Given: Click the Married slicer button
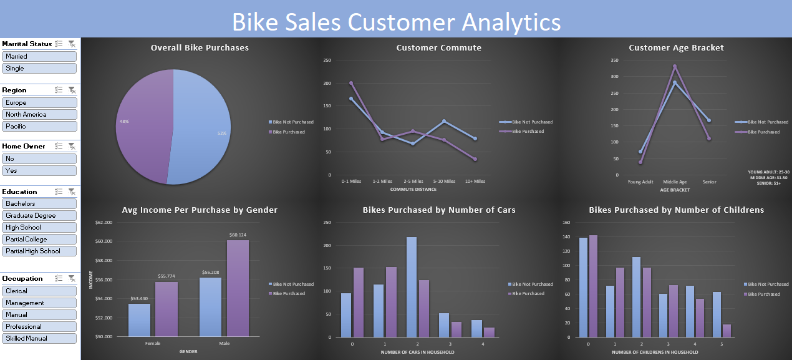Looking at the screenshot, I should coord(39,56).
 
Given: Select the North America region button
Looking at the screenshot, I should coord(39,114).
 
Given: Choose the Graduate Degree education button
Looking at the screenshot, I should coord(39,215).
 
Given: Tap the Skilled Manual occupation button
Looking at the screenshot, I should coord(39,338).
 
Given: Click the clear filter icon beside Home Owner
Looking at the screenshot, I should coord(72,146).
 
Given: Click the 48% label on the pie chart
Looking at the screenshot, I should coord(123,121).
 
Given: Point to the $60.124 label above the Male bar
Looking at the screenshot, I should coord(238,235).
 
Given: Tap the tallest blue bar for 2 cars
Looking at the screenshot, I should coord(411,287).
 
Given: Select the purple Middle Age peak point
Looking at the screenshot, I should coord(674,66).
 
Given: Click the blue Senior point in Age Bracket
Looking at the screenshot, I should coord(708,120).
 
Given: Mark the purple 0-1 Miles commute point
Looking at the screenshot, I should coord(351,83).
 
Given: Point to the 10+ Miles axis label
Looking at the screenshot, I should coord(475,182).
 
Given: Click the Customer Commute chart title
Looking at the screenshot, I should coord(438,47).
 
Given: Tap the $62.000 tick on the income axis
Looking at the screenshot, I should coord(104,222).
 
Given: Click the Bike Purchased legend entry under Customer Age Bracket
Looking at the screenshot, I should coord(764,132).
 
